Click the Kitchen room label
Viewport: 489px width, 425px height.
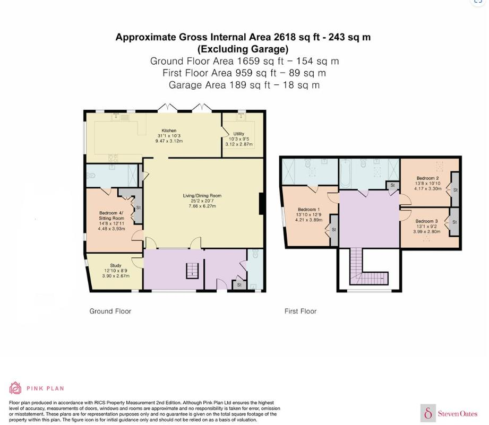(169, 131)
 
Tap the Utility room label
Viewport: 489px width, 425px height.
(238, 134)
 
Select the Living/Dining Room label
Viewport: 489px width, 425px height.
(202, 196)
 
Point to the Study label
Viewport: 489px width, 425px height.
(116, 265)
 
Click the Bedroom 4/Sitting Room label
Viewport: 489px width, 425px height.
(111, 215)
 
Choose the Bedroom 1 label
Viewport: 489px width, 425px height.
(308, 210)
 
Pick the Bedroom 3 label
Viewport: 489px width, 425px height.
(426, 221)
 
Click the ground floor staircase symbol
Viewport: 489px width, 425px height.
(192, 271)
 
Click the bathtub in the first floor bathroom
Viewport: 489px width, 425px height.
(345, 174)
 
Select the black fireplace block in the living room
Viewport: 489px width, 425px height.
(262, 204)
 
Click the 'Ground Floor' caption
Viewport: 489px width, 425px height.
(110, 311)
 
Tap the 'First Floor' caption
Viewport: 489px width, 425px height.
(301, 311)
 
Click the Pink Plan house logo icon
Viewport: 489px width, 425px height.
(15, 388)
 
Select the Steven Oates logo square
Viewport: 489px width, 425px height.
(428, 413)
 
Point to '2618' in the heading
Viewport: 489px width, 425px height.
(285, 37)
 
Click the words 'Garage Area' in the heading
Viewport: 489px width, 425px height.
(197, 85)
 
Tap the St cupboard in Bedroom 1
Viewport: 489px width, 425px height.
(333, 230)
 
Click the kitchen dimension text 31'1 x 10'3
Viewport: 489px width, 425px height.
(169, 136)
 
